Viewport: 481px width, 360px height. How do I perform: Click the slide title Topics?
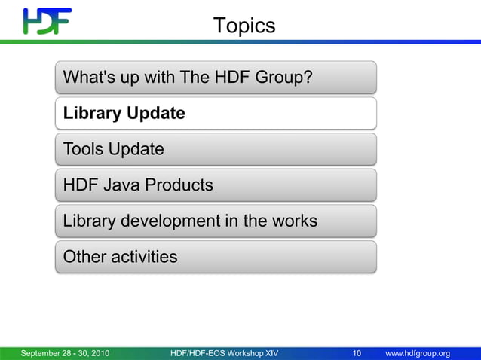pyautogui.click(x=244, y=26)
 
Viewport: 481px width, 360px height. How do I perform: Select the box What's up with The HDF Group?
pyautogui.click(x=215, y=77)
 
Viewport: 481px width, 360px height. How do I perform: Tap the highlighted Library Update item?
pyautogui.click(x=215, y=113)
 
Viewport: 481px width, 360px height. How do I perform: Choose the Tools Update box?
pyautogui.click(x=215, y=149)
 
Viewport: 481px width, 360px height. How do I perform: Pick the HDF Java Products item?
pyautogui.click(x=215, y=185)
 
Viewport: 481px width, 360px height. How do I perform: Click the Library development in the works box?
pyautogui.click(x=215, y=221)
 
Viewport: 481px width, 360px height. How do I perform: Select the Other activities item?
pyautogui.click(x=215, y=257)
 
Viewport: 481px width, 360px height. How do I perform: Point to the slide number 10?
pyautogui.click(x=357, y=353)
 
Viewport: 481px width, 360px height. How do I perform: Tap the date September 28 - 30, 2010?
pyautogui.click(x=65, y=353)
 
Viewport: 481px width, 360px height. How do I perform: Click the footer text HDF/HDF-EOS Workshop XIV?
pyautogui.click(x=225, y=353)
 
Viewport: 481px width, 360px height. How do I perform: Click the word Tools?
pyautogui.click(x=83, y=149)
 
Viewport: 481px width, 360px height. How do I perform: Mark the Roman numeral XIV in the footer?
pyautogui.click(x=268, y=353)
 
